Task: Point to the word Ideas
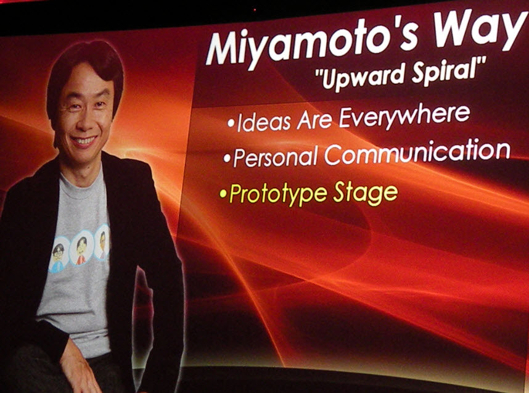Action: coord(264,122)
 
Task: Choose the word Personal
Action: coord(276,157)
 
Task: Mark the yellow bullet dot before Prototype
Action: coord(223,194)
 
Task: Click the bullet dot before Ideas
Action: coord(231,123)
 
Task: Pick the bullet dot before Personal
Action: coord(227,159)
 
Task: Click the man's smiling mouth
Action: coord(84,140)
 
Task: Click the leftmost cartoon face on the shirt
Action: coord(59,254)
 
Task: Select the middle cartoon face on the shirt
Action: coord(81,248)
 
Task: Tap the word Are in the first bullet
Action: coord(314,120)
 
